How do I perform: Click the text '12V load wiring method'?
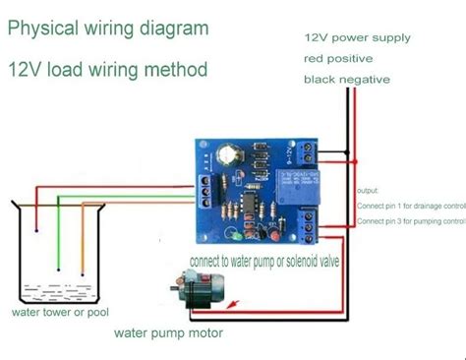[108, 71]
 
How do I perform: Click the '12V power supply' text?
[358, 37]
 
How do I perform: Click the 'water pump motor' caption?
[168, 333]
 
